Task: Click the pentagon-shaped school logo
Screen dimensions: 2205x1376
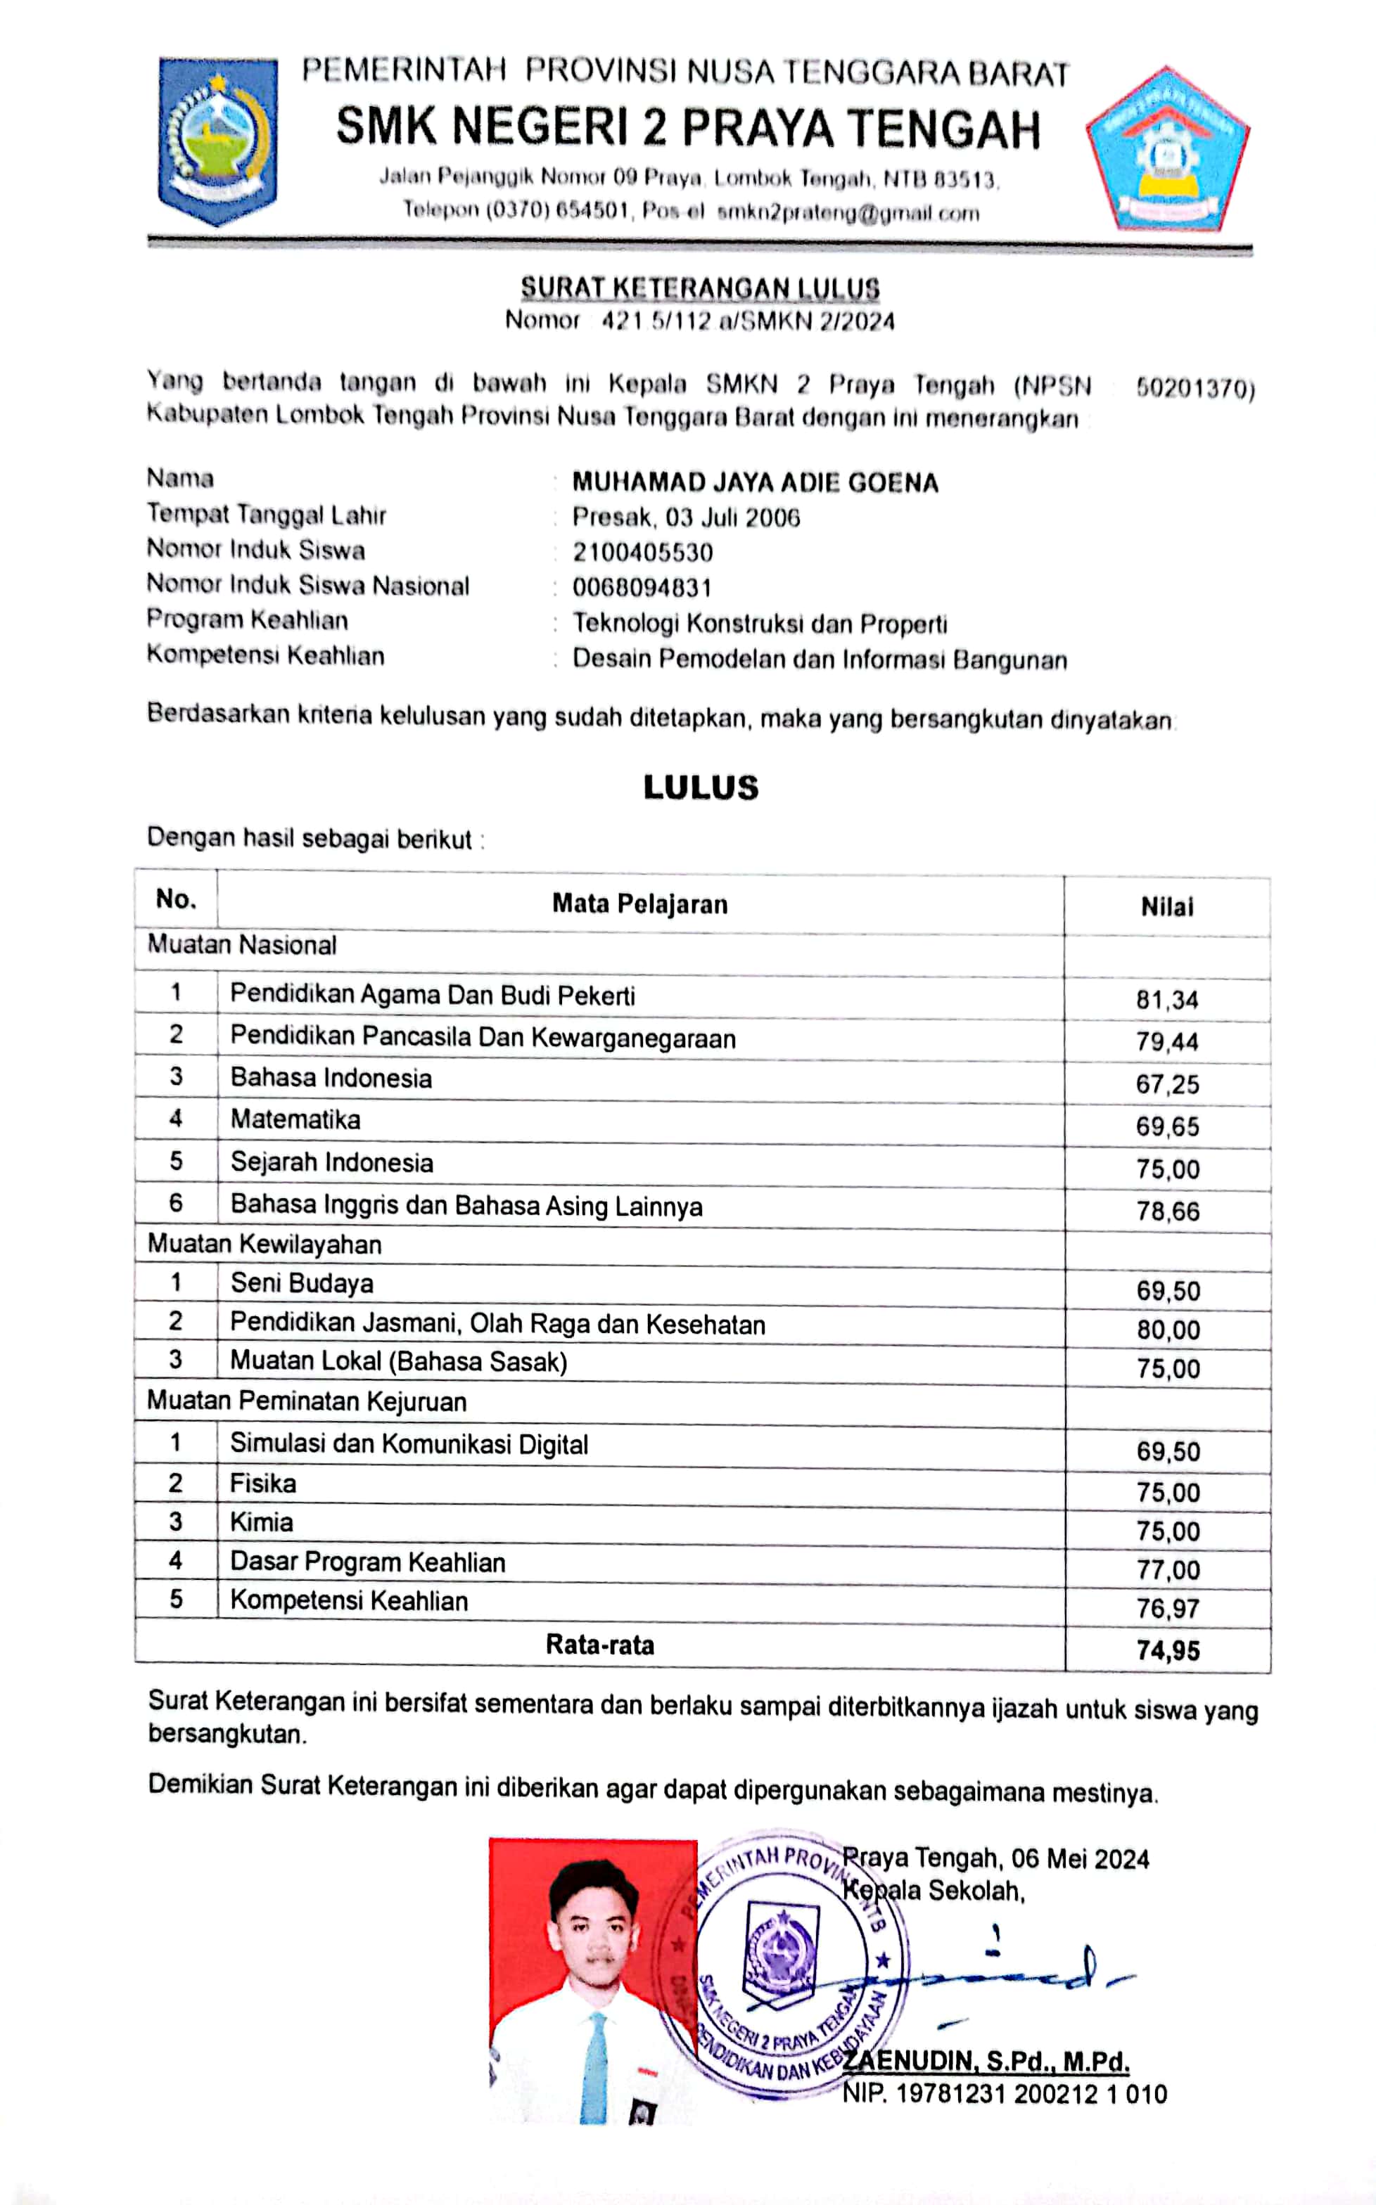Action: (1168, 149)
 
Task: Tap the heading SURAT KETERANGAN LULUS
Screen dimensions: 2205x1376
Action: (700, 288)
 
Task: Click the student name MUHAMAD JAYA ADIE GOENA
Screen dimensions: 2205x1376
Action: (754, 482)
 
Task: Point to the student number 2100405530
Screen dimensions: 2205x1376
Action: (642, 552)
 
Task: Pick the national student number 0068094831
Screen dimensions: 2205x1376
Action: (642, 588)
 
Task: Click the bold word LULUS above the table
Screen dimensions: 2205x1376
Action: (701, 787)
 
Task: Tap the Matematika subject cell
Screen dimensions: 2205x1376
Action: (295, 1120)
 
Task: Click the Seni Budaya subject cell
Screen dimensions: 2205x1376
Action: (301, 1283)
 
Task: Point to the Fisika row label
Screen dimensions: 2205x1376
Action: (263, 1484)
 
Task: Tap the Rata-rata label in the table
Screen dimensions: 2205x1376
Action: (600, 1645)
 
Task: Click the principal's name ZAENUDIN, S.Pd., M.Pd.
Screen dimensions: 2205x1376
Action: (986, 2062)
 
